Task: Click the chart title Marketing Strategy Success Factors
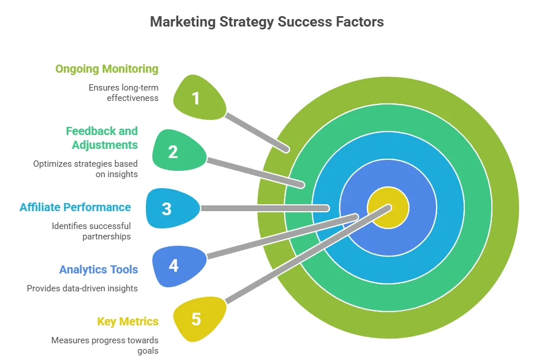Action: tap(266, 22)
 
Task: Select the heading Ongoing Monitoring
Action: tap(107, 69)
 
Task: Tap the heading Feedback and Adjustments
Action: tap(101, 138)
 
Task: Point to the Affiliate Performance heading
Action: tap(75, 207)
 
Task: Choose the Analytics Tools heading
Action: tap(99, 269)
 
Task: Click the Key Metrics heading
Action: tap(127, 321)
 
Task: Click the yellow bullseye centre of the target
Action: tap(388, 208)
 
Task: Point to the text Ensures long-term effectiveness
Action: tap(123, 92)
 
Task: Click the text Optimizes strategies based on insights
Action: tap(85, 168)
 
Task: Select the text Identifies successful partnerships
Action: tap(91, 231)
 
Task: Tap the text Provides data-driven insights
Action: tap(82, 288)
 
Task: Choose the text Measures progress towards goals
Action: tap(105, 345)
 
